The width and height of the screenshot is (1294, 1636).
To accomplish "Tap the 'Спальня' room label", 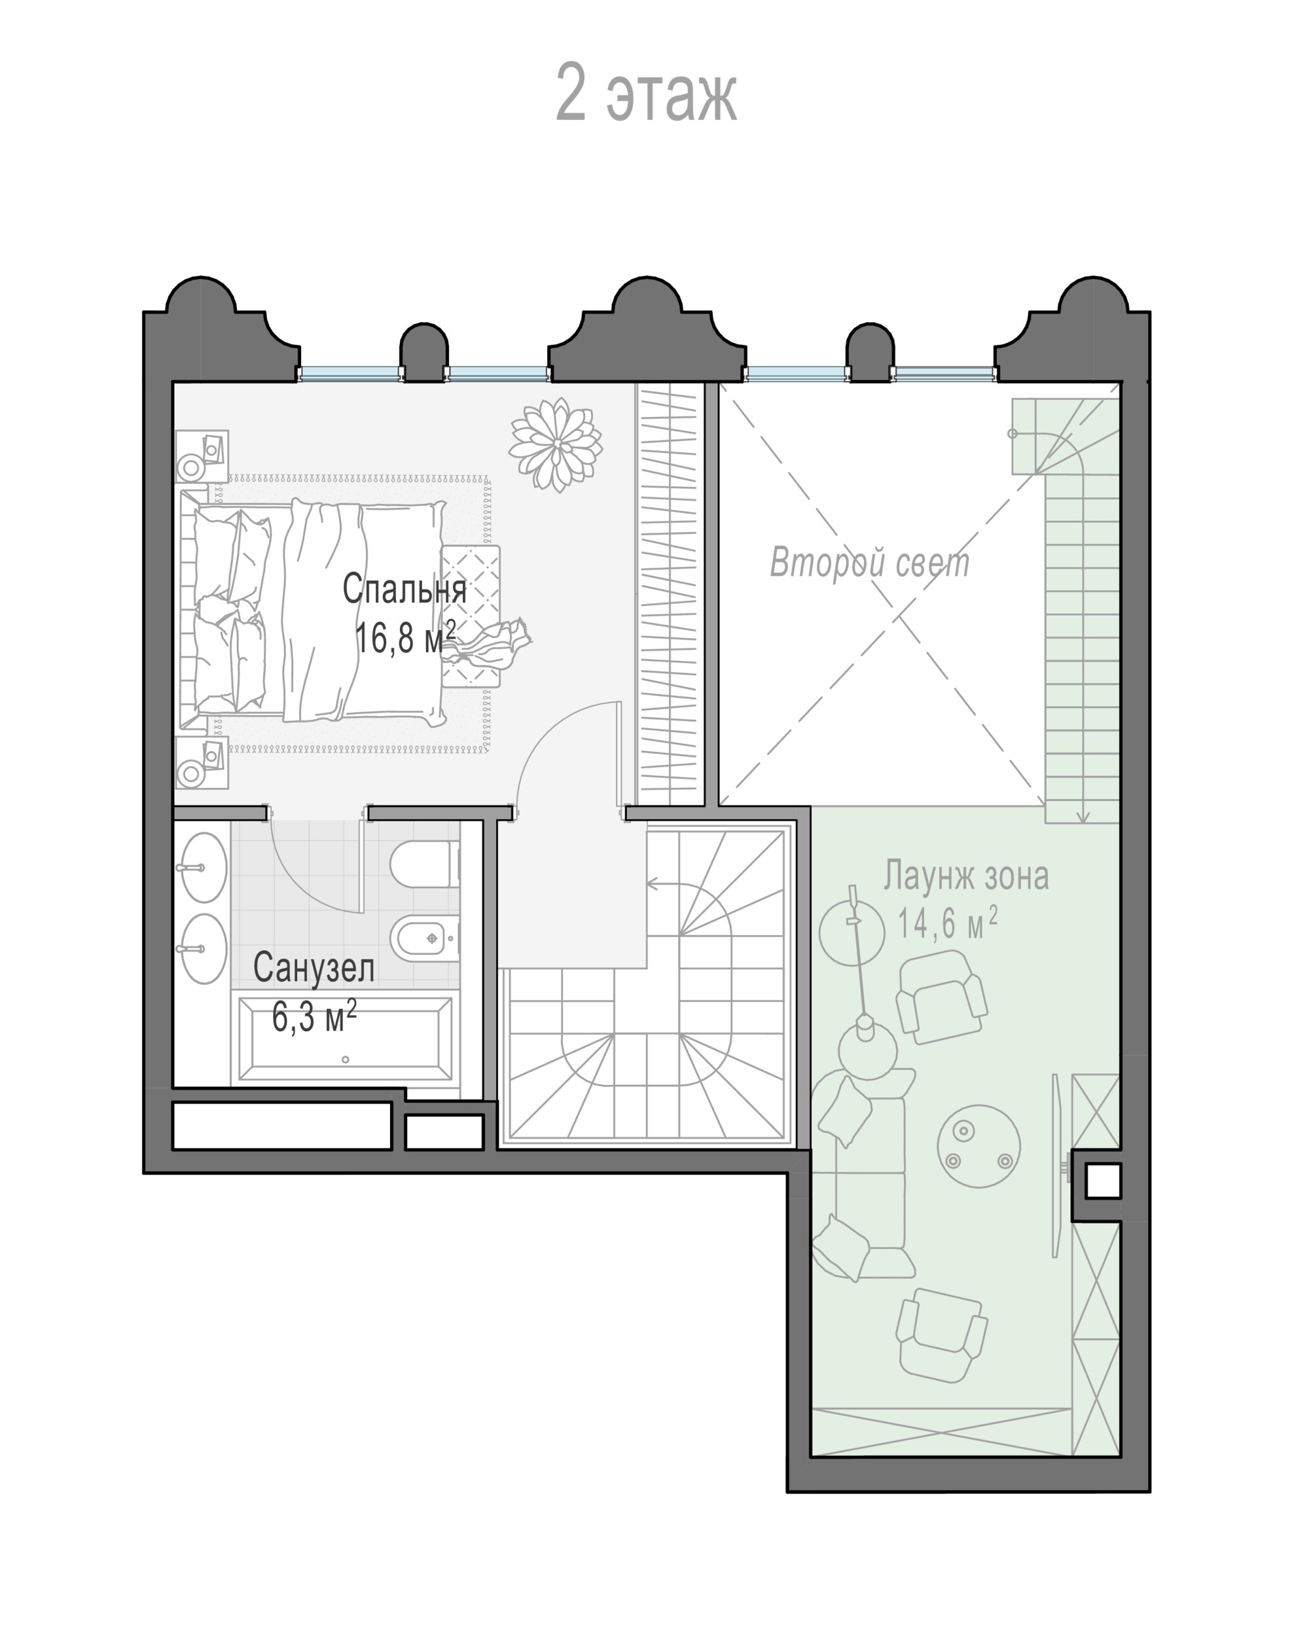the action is (x=404, y=588).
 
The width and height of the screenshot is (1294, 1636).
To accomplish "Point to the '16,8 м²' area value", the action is (x=405, y=637).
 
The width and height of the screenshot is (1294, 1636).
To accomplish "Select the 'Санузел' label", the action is (x=314, y=968).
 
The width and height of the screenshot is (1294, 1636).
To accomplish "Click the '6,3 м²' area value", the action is (x=314, y=1017).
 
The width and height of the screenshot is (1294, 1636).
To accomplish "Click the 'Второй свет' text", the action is (x=870, y=563).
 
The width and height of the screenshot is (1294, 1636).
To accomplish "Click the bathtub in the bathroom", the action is (x=346, y=1039).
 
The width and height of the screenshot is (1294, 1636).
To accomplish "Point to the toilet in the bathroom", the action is (x=425, y=863).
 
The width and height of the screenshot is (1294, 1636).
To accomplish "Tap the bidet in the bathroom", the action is (x=425, y=938).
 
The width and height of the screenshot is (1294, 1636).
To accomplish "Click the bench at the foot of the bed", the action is (x=471, y=616).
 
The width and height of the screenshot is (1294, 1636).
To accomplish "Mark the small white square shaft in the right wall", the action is (x=1102, y=1180).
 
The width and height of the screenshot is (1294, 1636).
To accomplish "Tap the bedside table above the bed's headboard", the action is (x=202, y=457).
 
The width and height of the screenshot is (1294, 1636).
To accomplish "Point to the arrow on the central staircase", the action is (x=664, y=882).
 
